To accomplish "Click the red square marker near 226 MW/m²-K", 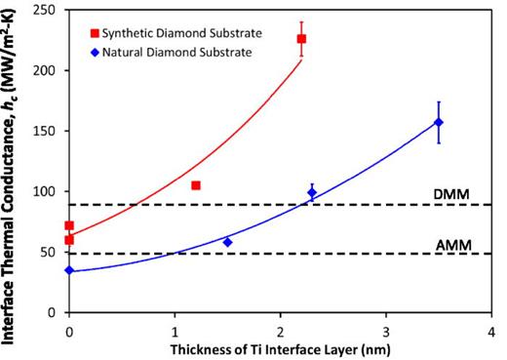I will tap(301, 39).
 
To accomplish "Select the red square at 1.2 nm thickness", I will tap(196, 185).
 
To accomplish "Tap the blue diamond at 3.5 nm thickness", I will tap(439, 122).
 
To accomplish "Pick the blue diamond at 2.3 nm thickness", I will tap(312, 192).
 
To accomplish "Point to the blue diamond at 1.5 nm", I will tap(227, 242).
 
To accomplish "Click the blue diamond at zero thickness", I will tap(69, 270).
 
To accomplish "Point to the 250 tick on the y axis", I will tap(49, 10).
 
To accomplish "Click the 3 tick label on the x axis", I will tap(386, 328).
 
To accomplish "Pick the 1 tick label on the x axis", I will tap(175, 328).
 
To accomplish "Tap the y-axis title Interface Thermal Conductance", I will tap(13, 161).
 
